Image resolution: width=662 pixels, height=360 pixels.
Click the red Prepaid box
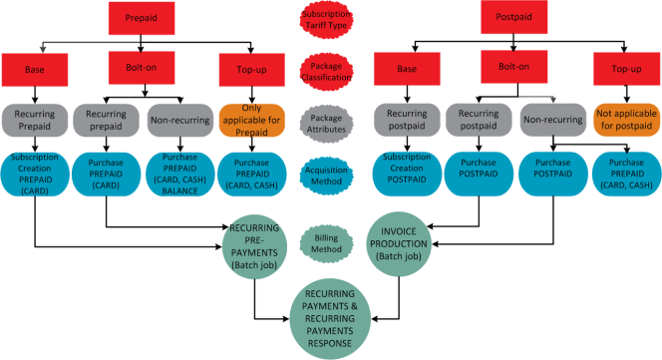(142, 18)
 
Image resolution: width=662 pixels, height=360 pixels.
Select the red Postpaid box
(513, 17)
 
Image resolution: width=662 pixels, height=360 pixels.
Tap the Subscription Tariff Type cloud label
(326, 19)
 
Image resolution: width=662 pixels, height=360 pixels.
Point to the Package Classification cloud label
(326, 72)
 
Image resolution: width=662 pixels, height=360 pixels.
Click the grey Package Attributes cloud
(326, 124)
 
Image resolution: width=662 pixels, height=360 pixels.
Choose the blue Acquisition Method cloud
(326, 176)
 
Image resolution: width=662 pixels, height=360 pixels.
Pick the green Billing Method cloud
(326, 243)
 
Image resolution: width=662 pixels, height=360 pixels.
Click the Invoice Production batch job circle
(399, 243)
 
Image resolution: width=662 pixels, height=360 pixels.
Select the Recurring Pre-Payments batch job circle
(254, 246)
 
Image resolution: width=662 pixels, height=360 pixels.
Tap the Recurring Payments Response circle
(330, 318)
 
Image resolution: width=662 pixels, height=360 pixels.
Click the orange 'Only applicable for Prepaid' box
(251, 121)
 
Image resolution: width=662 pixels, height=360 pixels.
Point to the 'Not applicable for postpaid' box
(626, 120)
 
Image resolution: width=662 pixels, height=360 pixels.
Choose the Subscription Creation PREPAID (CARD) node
(35, 175)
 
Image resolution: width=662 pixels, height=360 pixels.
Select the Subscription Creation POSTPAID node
(407, 174)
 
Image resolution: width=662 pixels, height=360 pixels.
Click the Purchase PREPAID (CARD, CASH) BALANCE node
(180, 175)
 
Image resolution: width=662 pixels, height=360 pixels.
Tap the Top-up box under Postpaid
(626, 69)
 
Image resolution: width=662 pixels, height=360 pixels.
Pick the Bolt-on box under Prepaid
(142, 68)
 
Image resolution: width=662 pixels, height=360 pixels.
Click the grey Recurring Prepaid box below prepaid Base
(35, 121)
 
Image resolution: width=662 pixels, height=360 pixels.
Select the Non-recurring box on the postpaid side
(553, 120)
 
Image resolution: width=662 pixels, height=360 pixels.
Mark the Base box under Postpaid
(407, 69)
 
